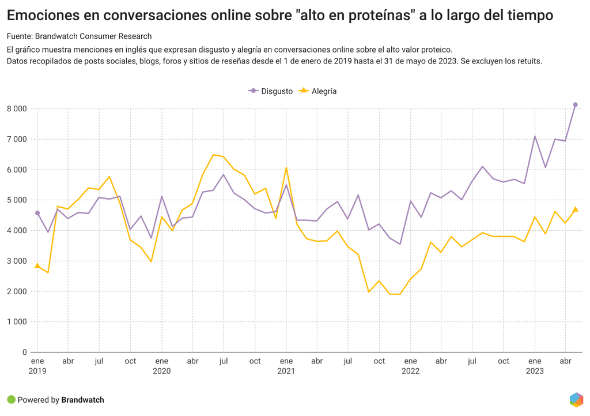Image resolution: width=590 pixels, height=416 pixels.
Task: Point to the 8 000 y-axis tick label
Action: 17,108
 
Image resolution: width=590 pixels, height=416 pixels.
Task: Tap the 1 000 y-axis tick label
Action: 17,322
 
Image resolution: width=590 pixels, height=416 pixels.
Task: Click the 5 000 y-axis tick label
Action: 17,200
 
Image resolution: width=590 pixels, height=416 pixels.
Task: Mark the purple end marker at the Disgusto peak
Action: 575,105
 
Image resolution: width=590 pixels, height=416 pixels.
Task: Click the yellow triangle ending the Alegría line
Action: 575,209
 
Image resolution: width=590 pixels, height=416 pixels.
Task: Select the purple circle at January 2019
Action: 37,213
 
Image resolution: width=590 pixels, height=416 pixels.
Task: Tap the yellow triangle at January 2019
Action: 37,265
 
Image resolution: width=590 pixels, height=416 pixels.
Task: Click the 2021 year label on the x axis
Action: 286,372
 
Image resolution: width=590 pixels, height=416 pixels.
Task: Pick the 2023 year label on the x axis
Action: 535,372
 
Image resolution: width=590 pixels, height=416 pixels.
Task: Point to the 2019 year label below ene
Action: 37,372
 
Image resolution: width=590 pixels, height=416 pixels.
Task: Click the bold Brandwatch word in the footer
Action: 82,400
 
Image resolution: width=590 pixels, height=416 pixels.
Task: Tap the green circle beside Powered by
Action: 11,400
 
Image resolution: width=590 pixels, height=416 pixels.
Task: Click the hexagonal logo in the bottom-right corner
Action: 576,399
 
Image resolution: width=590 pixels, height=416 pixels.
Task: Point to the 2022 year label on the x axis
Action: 410,372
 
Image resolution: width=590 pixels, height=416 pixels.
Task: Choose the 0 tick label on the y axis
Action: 24,353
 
